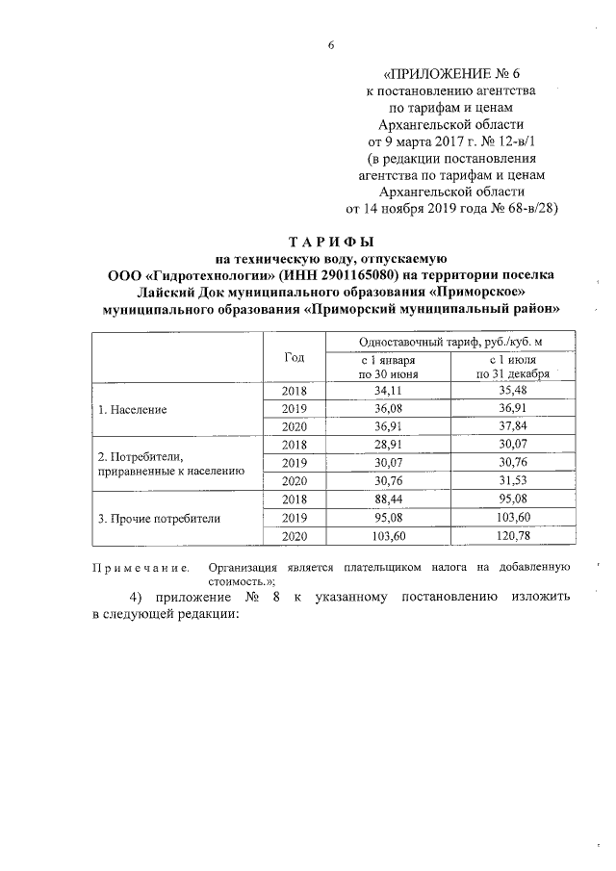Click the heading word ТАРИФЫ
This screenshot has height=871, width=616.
pos(331,242)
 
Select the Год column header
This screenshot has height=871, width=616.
pos(295,357)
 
